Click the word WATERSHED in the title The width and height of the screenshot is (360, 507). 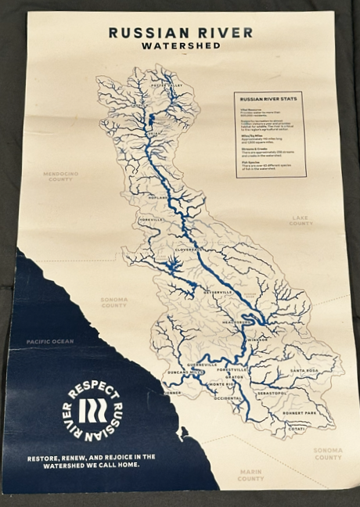tap(181, 46)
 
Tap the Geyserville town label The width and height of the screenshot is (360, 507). tap(218, 292)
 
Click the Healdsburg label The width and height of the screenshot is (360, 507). tap(236, 321)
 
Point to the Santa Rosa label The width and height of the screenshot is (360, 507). tap(304, 369)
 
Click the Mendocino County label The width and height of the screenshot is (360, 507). tap(60, 176)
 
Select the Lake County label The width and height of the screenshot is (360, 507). tap(301, 221)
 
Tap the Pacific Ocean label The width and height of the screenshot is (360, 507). tap(49, 341)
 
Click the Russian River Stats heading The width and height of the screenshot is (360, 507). tap(267, 100)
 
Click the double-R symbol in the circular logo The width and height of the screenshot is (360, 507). tap(92, 411)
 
